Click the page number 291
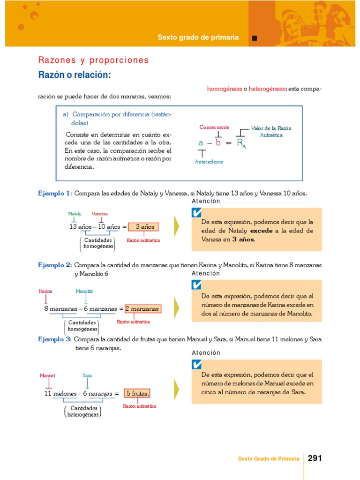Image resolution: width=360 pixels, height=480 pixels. click(x=315, y=458)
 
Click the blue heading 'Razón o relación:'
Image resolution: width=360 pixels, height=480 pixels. click(x=75, y=75)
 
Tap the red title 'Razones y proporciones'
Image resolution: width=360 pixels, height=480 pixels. click(x=93, y=60)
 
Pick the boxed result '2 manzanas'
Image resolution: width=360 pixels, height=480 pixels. click(x=143, y=309)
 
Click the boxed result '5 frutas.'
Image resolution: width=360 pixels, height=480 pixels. click(x=137, y=394)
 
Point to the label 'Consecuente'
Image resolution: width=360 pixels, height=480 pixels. click(x=214, y=127)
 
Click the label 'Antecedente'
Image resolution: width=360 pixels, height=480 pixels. click(x=209, y=162)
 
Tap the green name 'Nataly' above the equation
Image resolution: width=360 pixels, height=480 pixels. click(x=75, y=214)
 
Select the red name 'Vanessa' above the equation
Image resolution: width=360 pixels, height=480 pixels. click(x=99, y=214)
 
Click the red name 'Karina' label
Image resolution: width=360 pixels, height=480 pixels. click(x=45, y=291)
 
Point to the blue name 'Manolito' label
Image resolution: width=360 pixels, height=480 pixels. click(x=85, y=291)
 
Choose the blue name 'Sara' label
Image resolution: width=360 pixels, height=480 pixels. click(x=87, y=375)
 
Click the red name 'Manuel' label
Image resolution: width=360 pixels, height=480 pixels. click(x=47, y=375)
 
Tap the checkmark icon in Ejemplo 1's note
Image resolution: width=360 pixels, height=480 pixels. click(x=197, y=213)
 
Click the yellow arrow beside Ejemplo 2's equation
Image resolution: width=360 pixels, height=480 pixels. click(x=176, y=307)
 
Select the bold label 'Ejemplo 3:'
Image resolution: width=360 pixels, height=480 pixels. click(x=55, y=339)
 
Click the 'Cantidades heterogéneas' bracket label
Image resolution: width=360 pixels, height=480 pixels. click(x=83, y=411)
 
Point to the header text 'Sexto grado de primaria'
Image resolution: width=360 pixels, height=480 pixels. click(x=198, y=37)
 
